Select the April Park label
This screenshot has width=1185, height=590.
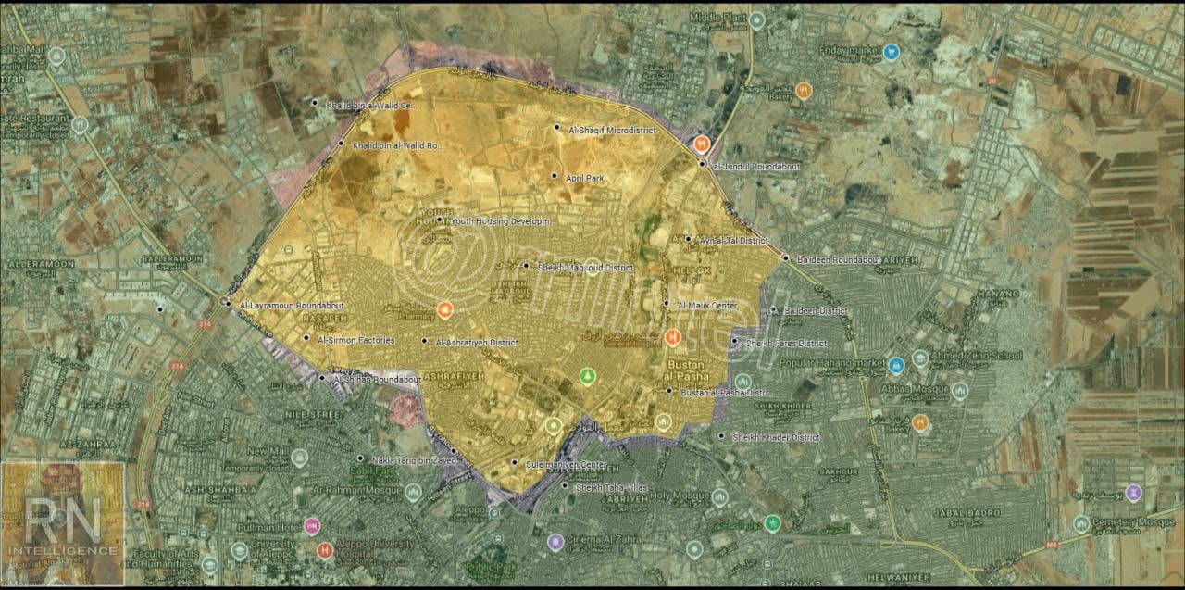tap(584, 177)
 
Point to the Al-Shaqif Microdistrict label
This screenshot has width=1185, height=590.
tap(611, 130)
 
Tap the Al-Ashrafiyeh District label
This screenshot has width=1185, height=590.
tap(475, 343)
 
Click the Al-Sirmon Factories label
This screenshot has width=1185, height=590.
tap(355, 340)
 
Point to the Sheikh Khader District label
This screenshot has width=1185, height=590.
tap(776, 437)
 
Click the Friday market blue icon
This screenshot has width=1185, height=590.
tap(891, 52)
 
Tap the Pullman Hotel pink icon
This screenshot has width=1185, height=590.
tap(312, 526)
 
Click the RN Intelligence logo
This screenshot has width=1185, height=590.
tap(63, 524)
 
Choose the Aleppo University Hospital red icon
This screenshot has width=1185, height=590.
tap(324, 551)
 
